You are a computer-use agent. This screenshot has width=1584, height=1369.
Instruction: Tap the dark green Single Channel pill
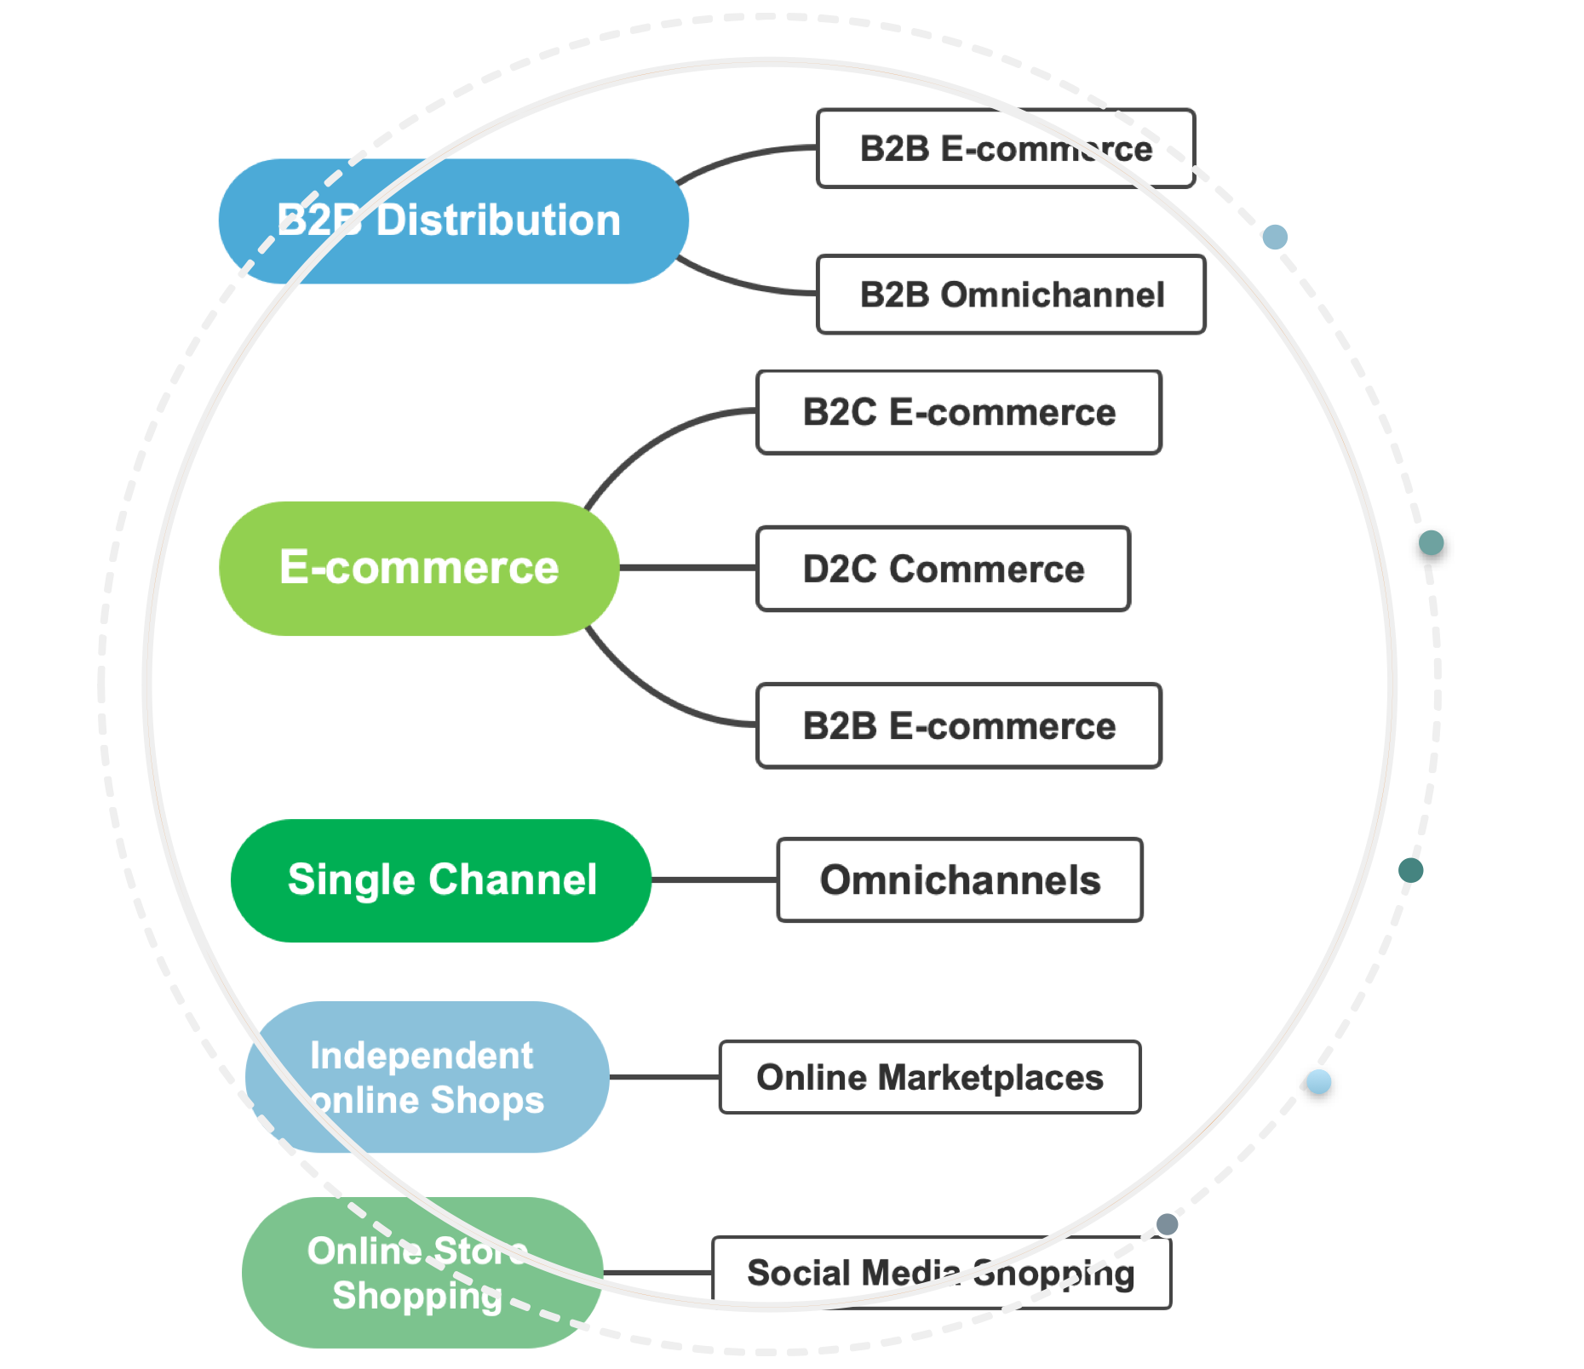(441, 880)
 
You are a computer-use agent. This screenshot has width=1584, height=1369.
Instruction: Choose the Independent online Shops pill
(427, 1077)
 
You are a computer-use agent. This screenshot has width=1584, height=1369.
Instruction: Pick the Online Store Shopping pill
(422, 1273)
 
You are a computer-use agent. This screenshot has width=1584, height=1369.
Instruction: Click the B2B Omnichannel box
(1011, 295)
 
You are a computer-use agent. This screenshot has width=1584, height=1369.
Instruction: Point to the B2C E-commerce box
(959, 412)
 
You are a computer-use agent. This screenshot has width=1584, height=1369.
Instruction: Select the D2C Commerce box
(944, 569)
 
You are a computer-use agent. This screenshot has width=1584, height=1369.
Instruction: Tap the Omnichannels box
(960, 880)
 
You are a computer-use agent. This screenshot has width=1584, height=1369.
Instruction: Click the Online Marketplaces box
(930, 1077)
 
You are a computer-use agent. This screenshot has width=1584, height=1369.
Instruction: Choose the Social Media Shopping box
(941, 1273)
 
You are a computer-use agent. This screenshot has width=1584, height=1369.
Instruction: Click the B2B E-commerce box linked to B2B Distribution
(1006, 149)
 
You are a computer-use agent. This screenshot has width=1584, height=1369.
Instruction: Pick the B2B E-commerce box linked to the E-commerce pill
(959, 726)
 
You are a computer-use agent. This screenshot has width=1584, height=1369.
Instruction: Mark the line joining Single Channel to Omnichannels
(714, 879)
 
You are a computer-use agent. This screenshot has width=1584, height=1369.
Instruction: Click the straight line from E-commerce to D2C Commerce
(688, 567)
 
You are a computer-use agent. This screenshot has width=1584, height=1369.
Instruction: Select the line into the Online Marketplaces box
(664, 1077)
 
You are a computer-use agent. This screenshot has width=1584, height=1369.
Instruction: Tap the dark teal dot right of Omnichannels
(1410, 870)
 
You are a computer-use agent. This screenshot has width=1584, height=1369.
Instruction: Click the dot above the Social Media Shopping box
(1167, 1224)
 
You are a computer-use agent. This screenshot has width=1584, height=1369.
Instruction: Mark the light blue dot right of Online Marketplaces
(1318, 1082)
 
